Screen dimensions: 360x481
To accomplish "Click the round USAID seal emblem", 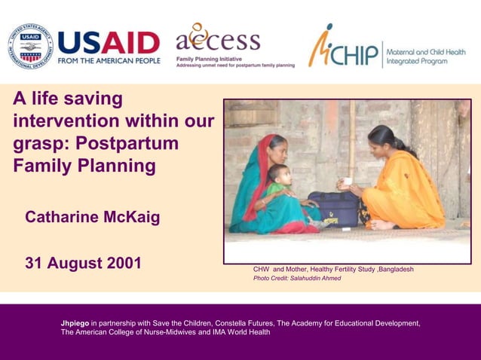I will pos(31,45).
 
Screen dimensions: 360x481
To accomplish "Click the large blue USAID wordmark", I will pos(109,42).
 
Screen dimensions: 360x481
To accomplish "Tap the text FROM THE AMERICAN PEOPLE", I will pos(109,60).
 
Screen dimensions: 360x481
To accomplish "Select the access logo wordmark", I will pos(218,39).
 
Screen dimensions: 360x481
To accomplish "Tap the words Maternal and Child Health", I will pos(425,51).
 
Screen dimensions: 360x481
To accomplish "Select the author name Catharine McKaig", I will pos(93,218).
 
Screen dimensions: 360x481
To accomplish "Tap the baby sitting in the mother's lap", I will pos(280,188).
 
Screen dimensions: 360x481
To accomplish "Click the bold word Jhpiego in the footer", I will pos(75,323).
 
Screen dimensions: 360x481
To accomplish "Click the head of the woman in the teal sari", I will pos(277,145).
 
